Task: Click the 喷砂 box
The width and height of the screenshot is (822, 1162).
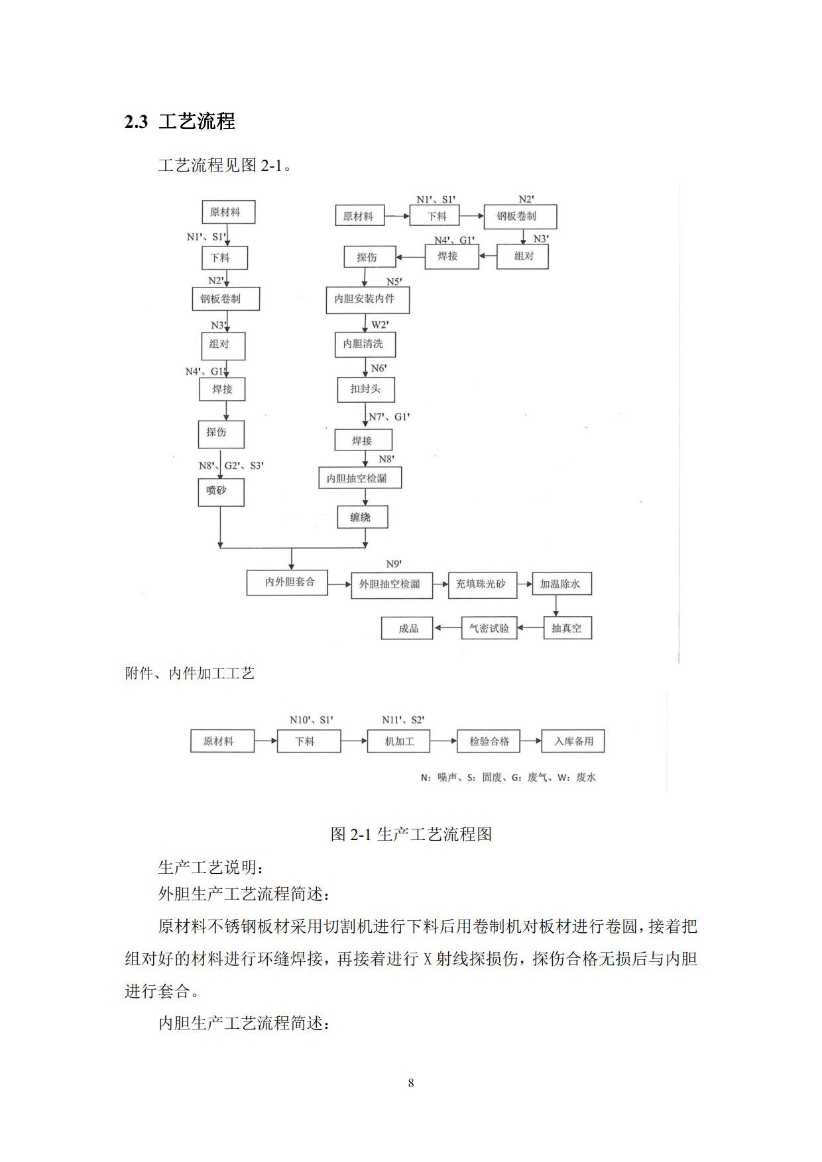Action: pos(221,492)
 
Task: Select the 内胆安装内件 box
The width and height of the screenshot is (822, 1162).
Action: pos(368,299)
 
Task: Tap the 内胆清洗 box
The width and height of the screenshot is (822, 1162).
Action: pos(365,344)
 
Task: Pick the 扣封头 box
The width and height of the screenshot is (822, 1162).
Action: pos(366,390)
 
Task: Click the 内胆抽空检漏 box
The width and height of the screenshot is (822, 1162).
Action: pos(360,478)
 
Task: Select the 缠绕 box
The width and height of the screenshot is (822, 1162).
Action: pos(362,517)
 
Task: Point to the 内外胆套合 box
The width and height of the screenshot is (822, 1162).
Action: pos(287,582)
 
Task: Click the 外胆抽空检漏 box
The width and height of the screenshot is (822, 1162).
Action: pos(392,585)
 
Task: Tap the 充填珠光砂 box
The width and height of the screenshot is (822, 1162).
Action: pos(483,585)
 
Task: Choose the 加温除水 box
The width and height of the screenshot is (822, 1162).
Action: pos(562,584)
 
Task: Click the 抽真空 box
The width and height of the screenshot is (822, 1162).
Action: pos(567,628)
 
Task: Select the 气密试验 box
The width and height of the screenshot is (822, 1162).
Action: pos(489,628)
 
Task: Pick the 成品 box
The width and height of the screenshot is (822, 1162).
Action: pos(407,628)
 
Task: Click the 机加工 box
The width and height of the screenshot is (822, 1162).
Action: pos(399,741)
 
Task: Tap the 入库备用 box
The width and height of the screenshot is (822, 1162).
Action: pos(573,741)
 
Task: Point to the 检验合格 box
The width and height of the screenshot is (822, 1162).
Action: pos(489,741)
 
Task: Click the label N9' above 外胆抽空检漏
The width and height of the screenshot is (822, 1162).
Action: pos(394,564)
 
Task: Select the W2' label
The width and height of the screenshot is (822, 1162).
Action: pos(380,325)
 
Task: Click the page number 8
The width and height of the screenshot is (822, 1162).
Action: pos(411,1083)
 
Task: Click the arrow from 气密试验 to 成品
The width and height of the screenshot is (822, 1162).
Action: pos(447,628)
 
